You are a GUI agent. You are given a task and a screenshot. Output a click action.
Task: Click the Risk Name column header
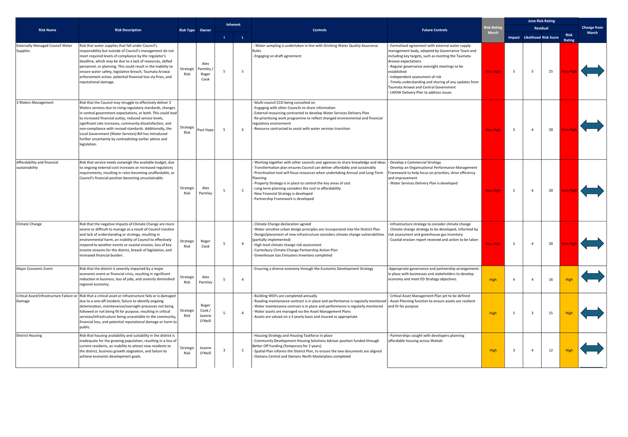(48, 30)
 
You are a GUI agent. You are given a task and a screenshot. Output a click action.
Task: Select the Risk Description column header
(128, 30)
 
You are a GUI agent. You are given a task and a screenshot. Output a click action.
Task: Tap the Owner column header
(205, 30)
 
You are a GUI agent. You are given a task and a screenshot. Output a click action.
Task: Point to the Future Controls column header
(435, 30)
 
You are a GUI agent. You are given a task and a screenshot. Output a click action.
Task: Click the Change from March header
(592, 30)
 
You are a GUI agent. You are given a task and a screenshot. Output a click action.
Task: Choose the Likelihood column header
(532, 38)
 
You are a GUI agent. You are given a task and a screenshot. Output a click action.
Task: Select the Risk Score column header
(550, 38)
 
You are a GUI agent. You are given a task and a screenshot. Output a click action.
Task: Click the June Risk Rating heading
(541, 21)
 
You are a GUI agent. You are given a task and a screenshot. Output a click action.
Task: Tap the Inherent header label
(233, 25)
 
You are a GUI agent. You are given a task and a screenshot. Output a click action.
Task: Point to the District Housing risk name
(29, 335)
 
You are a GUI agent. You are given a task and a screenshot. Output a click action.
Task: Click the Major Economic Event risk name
(34, 269)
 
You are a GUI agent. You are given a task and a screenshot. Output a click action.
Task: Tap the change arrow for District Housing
(592, 349)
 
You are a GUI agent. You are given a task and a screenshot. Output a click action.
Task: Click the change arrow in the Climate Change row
(592, 243)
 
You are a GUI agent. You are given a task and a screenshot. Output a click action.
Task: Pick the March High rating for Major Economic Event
(493, 279)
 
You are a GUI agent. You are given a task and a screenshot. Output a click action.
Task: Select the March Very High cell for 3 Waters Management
(493, 129)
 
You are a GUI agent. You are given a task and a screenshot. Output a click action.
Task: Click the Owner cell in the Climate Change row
(205, 243)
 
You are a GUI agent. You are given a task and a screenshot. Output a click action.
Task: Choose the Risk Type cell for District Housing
(187, 351)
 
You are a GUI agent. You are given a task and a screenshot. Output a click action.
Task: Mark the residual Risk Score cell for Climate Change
(550, 244)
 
